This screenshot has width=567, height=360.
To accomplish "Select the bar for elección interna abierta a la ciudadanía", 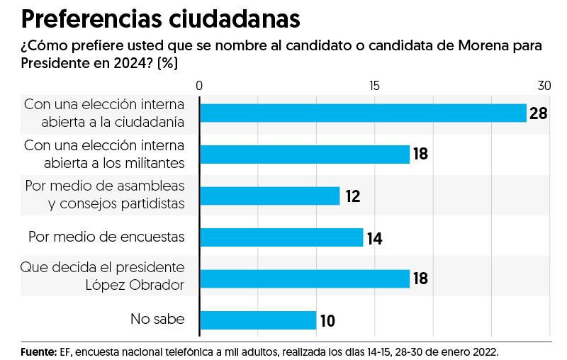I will click(x=363, y=113).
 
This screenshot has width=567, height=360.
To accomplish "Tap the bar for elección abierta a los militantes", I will click(x=305, y=154).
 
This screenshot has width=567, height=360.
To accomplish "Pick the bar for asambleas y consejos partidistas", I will click(x=270, y=196).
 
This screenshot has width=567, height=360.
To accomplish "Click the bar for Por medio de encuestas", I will click(x=281, y=237).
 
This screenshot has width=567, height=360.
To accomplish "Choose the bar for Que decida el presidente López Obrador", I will click(x=305, y=278).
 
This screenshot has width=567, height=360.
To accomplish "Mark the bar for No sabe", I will click(x=258, y=320).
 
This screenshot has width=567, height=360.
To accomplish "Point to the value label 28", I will click(x=539, y=113).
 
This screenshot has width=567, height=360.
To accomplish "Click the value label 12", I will click(x=352, y=196).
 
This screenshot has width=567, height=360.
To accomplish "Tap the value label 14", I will click(x=375, y=238).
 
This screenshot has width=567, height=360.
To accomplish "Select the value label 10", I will click(x=327, y=321).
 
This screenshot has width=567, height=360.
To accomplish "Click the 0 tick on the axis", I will click(x=200, y=86).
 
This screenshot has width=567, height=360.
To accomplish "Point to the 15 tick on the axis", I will click(x=374, y=86).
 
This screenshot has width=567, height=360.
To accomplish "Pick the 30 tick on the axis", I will click(x=544, y=86).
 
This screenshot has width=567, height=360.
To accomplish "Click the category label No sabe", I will click(x=157, y=319).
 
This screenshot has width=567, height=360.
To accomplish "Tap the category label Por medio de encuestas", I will click(x=106, y=237).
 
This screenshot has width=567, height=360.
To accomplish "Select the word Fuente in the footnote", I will click(x=38, y=351).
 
